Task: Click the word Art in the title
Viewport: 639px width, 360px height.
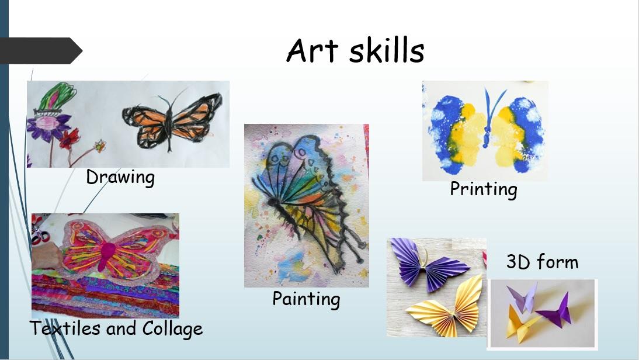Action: tap(312, 50)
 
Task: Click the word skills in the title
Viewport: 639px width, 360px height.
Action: tap(386, 50)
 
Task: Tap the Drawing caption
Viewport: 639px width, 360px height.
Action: tap(120, 178)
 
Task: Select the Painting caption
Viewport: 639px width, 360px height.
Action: tap(306, 299)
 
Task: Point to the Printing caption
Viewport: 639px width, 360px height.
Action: tap(484, 189)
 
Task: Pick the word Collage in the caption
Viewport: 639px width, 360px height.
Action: tap(172, 329)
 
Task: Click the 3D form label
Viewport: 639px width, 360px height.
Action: tap(542, 262)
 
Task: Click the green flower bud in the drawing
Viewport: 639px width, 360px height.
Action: tap(57, 96)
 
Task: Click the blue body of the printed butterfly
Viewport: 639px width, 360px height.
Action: tap(487, 117)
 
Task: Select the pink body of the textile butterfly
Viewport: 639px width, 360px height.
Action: tap(108, 253)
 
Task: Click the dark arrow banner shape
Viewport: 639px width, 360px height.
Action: tap(41, 51)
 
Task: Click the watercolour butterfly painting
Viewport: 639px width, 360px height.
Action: tap(307, 206)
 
